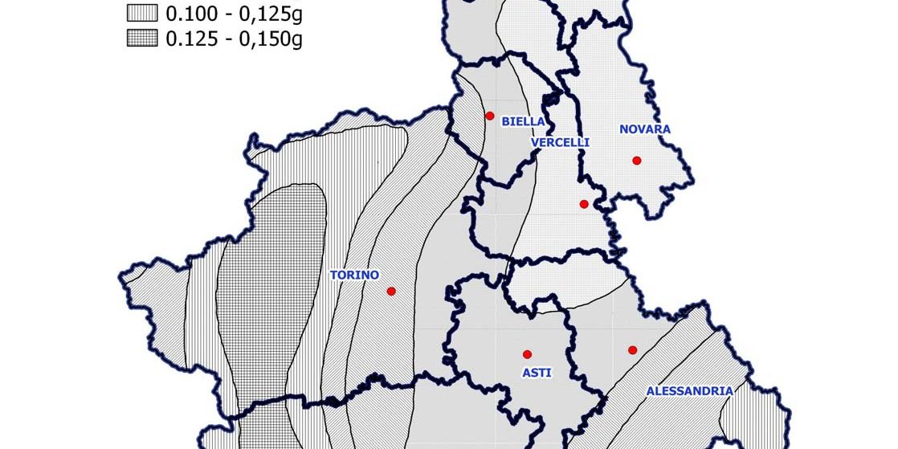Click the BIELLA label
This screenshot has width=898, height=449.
click(523, 122)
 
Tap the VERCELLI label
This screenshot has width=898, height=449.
click(560, 142)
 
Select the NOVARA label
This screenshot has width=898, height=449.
click(645, 129)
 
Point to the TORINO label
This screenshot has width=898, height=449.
click(354, 275)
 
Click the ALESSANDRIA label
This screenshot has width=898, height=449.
click(689, 391)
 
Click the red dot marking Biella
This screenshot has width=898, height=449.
click(490, 116)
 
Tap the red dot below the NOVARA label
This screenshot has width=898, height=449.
click(637, 161)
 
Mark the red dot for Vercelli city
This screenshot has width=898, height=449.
click(584, 204)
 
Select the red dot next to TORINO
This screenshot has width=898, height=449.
click(391, 291)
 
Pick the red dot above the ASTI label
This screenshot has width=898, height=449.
click(528, 354)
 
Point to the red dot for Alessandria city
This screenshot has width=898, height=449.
click(632, 349)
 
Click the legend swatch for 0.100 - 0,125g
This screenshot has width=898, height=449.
click(142, 14)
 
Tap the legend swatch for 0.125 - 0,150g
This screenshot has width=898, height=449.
click(142, 39)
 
